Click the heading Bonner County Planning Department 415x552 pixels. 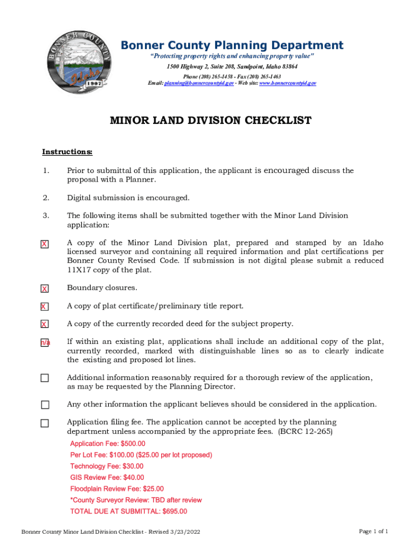click(232, 45)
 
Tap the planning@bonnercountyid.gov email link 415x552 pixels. click(199, 84)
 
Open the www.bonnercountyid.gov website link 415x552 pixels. click(288, 84)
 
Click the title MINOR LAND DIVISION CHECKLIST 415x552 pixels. click(211, 120)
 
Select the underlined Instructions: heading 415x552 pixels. click(67, 151)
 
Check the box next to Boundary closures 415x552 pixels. click(45, 289)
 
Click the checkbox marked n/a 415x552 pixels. click(45, 343)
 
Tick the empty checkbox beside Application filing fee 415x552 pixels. click(45, 423)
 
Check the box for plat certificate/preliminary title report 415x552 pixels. click(45, 307)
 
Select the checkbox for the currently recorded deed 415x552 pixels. click(45, 325)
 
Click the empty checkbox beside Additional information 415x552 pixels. click(45, 378)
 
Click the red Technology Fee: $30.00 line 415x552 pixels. click(107, 466)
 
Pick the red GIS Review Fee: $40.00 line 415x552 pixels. click(107, 478)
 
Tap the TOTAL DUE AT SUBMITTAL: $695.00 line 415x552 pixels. click(129, 512)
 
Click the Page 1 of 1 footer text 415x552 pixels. click(373, 532)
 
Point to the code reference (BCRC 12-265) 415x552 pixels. click(305, 432)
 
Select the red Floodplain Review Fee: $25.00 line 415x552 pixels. click(117, 489)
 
